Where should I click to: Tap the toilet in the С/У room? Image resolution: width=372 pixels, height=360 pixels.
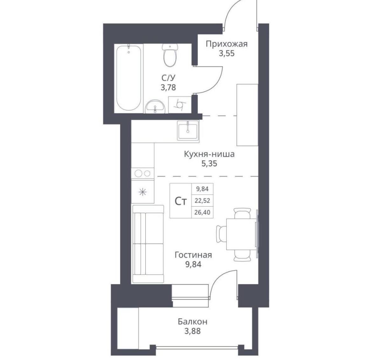click(170, 55)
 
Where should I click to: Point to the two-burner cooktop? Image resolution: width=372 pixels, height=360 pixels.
click(142, 173)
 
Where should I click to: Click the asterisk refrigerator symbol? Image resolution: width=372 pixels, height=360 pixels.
click(142, 191)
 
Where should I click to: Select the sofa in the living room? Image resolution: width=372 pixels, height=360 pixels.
click(148, 244)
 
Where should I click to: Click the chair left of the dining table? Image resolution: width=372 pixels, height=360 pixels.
click(221, 234)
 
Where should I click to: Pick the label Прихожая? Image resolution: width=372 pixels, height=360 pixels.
click(227, 44)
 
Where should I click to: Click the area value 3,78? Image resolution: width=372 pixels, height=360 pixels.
click(168, 87)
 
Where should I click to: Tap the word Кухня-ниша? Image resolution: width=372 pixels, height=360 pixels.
click(209, 154)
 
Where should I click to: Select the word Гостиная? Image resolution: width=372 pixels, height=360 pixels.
click(193, 255)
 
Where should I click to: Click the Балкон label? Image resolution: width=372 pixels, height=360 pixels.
click(193, 322)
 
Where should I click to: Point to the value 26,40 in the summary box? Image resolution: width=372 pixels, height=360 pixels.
click(202, 212)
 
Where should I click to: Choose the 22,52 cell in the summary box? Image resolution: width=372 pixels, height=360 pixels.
click(202, 201)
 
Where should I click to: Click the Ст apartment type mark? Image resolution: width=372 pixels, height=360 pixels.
click(181, 201)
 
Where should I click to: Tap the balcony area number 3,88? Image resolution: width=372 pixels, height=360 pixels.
click(193, 331)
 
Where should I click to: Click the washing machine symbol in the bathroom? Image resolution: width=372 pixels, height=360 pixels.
click(180, 105)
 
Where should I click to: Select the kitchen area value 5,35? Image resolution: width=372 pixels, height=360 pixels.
click(209, 163)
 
